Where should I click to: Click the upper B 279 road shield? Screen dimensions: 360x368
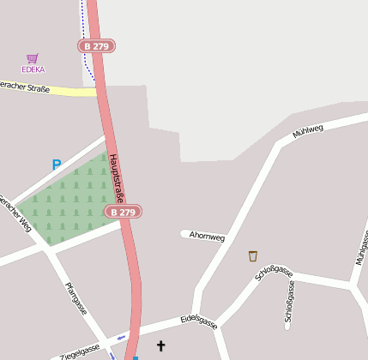(x=96, y=45)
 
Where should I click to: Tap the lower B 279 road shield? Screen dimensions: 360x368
(x=123, y=211)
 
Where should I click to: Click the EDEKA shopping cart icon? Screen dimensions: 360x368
(x=33, y=58)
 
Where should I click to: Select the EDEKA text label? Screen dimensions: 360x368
(x=33, y=69)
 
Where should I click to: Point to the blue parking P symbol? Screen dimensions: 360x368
(x=57, y=165)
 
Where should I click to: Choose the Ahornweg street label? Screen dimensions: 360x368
(x=207, y=236)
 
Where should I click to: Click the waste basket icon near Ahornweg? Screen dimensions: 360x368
(x=252, y=255)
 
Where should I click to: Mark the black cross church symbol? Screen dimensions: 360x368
(x=160, y=345)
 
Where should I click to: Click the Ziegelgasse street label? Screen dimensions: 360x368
(x=80, y=351)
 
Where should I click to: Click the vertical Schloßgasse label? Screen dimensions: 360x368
(x=289, y=305)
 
